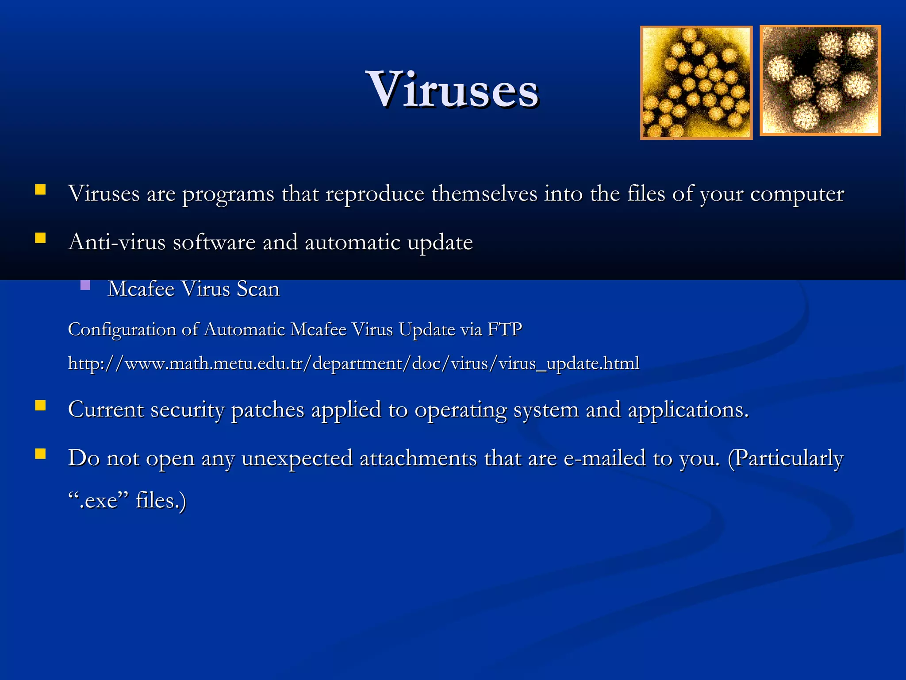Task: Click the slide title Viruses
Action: click(452, 90)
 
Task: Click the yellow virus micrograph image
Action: click(696, 83)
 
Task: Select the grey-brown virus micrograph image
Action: click(820, 80)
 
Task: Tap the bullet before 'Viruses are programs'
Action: click(40, 190)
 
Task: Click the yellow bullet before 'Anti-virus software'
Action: click(40, 238)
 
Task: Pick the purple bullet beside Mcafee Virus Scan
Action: click(85, 285)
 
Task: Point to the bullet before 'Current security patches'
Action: click(40, 406)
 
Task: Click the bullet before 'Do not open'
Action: click(40, 454)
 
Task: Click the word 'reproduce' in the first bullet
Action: click(375, 194)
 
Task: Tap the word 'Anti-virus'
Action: click(116, 242)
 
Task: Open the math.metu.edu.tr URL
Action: click(353, 363)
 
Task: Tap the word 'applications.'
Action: click(688, 410)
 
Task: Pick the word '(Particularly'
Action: click(785, 458)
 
